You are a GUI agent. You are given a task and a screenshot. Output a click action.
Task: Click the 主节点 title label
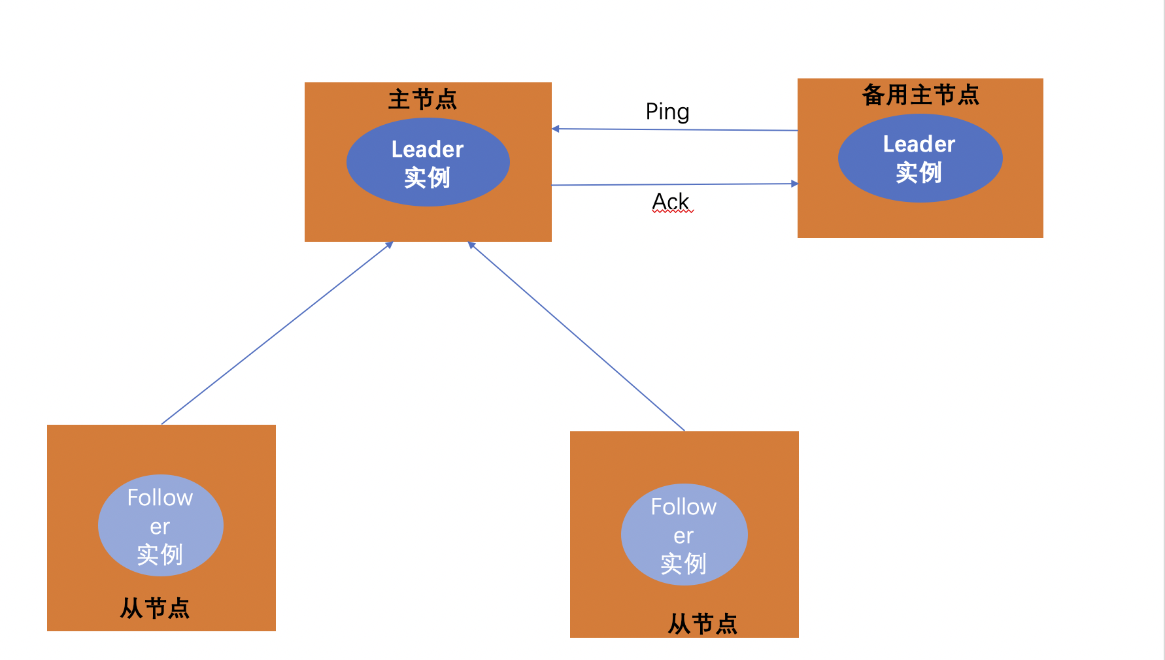[422, 99]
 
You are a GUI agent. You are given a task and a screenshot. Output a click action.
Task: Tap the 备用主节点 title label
[920, 95]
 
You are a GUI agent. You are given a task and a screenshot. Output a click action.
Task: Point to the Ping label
[667, 112]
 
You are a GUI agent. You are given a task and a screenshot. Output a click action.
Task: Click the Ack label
[671, 201]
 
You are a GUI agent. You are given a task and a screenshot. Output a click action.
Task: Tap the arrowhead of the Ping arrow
[556, 129]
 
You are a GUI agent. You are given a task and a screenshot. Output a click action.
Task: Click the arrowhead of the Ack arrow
[794, 184]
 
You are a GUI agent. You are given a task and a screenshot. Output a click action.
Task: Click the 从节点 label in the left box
[155, 608]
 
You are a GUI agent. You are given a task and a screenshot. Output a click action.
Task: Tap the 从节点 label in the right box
[702, 624]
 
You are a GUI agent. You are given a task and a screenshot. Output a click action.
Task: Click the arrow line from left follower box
[275, 335]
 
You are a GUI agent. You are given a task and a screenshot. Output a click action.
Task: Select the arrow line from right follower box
[575, 335]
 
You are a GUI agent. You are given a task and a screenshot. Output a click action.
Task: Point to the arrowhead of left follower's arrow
[390, 245]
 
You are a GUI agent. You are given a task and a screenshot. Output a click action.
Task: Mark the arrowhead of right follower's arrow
[471, 245]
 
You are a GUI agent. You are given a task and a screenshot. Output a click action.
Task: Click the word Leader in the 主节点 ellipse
[428, 150]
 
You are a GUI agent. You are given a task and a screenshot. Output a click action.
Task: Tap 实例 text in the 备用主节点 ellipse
[919, 173]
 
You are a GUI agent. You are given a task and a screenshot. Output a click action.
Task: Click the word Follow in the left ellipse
[160, 498]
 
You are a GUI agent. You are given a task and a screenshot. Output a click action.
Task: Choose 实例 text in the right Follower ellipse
[683, 564]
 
